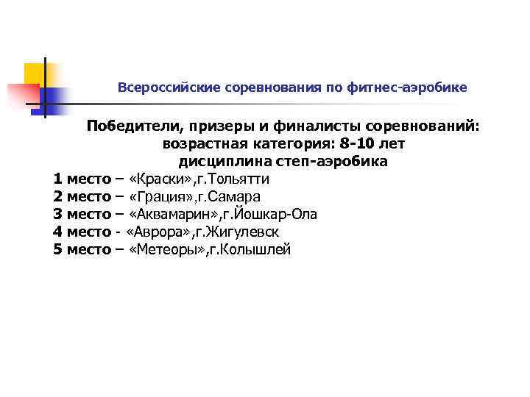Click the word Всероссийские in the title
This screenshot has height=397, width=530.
tap(159, 87)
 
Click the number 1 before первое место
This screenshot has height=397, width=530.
tap(58, 179)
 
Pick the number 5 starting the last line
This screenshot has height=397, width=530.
tap(58, 250)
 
